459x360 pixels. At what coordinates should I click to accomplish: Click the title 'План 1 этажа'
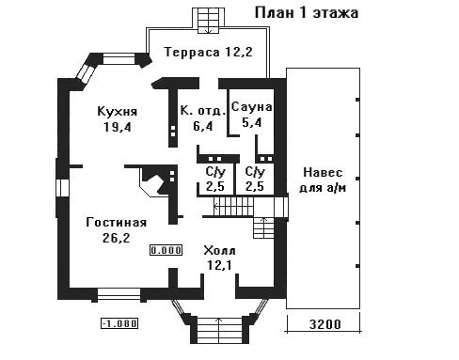pyautogui.click(x=307, y=13)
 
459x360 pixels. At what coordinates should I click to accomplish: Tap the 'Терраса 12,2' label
pyautogui.click(x=209, y=52)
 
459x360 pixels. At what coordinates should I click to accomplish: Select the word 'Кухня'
pyautogui.click(x=118, y=112)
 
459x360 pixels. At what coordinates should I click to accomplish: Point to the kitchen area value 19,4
pyautogui.click(x=118, y=127)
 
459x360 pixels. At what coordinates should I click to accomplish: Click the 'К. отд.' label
pyautogui.click(x=203, y=111)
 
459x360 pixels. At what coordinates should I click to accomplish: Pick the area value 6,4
pyautogui.click(x=203, y=126)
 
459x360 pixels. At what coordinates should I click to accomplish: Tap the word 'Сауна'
pyautogui.click(x=252, y=107)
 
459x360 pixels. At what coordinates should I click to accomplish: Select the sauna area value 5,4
pyautogui.click(x=252, y=122)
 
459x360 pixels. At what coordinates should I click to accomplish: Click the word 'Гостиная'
pyautogui.click(x=117, y=223)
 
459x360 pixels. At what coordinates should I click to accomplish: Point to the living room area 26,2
pyautogui.click(x=116, y=238)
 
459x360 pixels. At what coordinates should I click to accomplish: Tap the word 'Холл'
pyautogui.click(x=219, y=251)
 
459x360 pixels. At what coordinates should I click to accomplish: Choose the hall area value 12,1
pyautogui.click(x=219, y=266)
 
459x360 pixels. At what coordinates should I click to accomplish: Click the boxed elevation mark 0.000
pyautogui.click(x=166, y=250)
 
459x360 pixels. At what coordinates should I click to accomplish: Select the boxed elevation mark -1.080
pyautogui.click(x=119, y=323)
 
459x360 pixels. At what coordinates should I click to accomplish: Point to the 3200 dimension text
pyautogui.click(x=324, y=324)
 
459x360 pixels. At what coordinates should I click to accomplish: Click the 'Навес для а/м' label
pyautogui.click(x=323, y=180)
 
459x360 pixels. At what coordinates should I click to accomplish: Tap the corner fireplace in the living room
pyautogui.click(x=155, y=181)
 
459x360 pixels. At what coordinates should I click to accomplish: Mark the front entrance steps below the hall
pyautogui.click(x=219, y=331)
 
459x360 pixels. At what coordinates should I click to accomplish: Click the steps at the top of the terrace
pyautogui.click(x=209, y=21)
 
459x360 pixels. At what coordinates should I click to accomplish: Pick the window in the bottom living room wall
pyautogui.click(x=119, y=294)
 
